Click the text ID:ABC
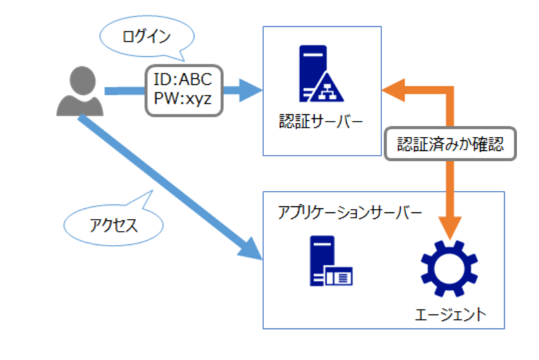tap(182, 80)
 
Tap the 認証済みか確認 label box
tap(452, 144)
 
